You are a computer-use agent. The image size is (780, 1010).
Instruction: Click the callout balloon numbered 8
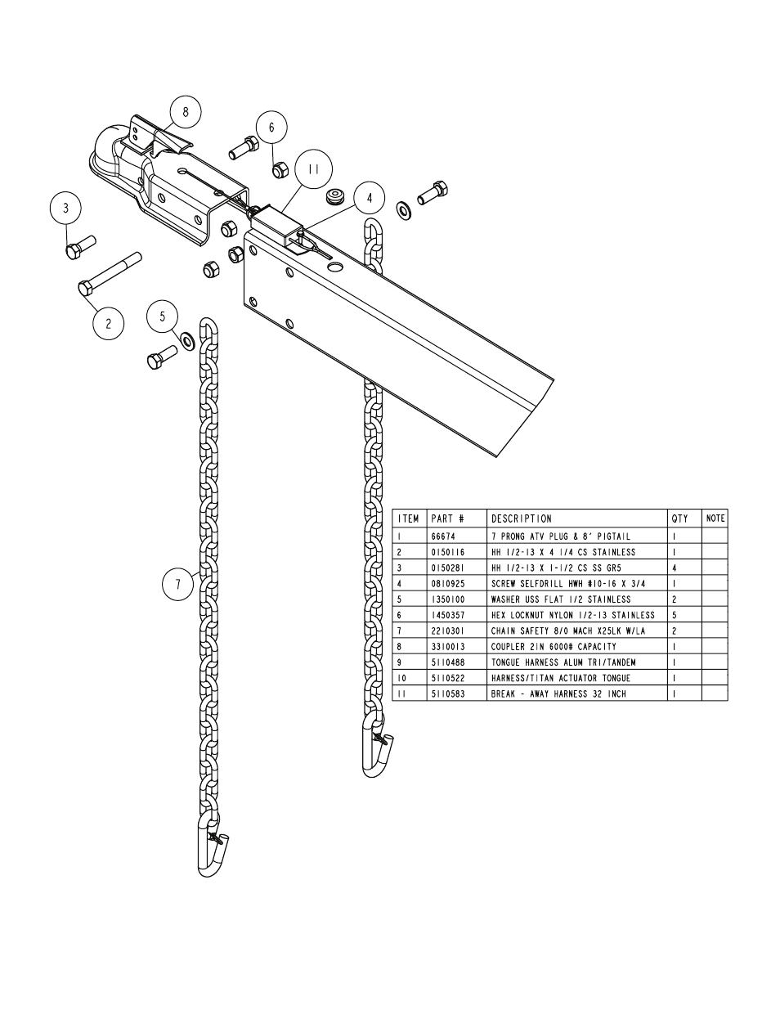[x=186, y=112]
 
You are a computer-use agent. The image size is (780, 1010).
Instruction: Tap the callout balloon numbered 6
[x=271, y=127]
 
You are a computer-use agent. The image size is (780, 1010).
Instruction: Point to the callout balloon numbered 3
[x=66, y=208]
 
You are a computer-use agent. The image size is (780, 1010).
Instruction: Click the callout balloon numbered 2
[x=108, y=323]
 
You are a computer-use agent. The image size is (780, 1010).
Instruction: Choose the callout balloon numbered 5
[x=163, y=316]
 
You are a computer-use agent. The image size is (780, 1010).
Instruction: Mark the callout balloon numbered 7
[x=177, y=584]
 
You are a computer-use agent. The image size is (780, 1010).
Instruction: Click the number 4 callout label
[x=370, y=197]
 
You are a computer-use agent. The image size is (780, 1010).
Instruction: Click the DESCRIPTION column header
[x=522, y=518]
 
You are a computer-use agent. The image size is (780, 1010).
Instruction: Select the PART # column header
[x=447, y=518]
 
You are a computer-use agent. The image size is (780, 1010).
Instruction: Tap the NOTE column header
[x=715, y=518]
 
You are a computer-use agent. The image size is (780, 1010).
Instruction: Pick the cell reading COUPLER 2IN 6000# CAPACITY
[x=554, y=647]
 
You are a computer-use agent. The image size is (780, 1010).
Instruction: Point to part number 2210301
[x=447, y=631]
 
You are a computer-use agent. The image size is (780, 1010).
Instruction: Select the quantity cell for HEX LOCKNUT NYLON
[x=674, y=615]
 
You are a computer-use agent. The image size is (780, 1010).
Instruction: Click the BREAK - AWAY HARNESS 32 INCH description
[x=558, y=694]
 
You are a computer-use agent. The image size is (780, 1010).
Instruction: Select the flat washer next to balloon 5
[x=187, y=339]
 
